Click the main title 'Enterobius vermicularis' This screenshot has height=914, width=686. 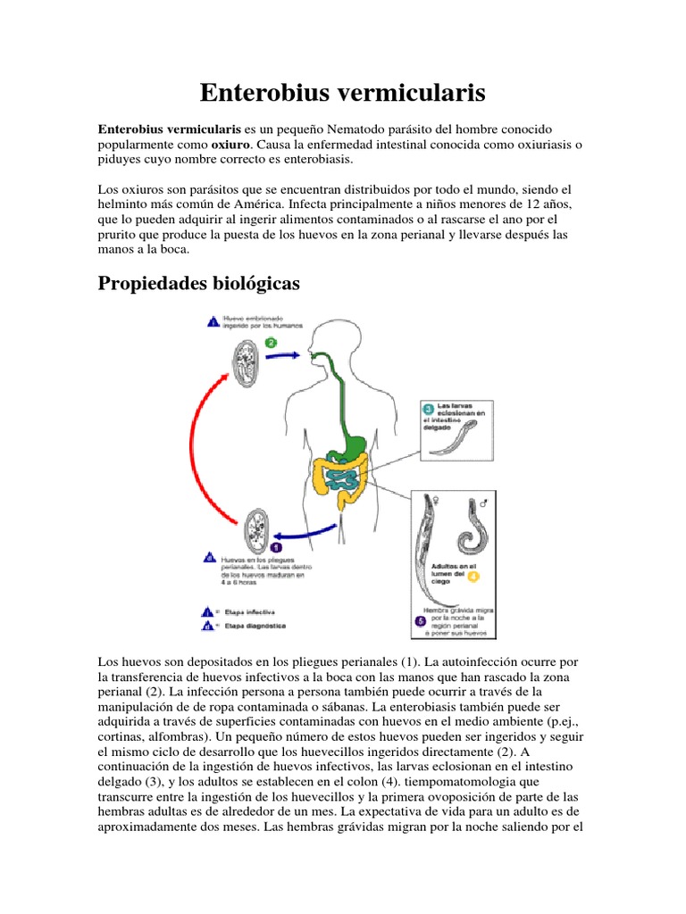tap(342, 92)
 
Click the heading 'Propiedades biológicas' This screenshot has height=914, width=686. tap(200, 283)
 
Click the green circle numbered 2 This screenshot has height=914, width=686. tap(271, 343)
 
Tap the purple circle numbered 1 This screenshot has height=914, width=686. tap(276, 546)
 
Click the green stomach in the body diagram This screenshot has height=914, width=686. tap(356, 443)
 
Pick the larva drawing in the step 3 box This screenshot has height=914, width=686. tap(456, 439)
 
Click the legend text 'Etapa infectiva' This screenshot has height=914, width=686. tap(251, 612)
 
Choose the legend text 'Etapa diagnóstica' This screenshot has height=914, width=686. tap(254, 627)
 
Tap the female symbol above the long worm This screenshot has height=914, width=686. tap(434, 503)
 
